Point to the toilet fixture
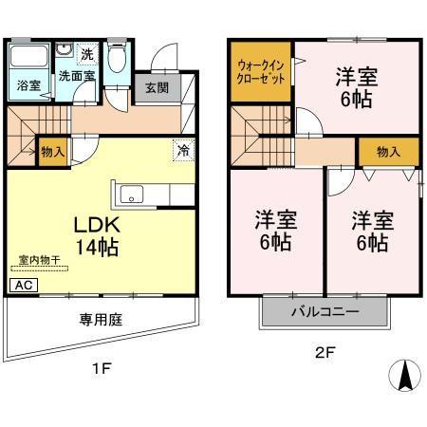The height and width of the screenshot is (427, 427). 118,61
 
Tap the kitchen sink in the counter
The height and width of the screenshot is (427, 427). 131,197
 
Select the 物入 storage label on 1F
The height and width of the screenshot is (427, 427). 51,150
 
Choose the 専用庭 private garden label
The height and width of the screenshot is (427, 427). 102,320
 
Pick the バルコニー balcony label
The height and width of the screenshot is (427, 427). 325,312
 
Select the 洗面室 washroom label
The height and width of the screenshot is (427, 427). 74,75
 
